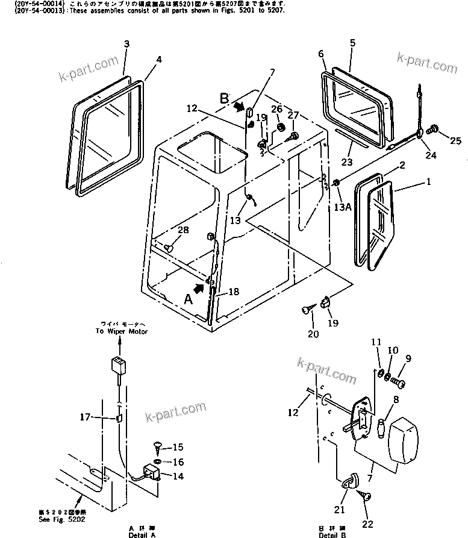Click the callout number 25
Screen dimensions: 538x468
click(455, 141)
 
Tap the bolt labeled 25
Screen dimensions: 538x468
click(433, 129)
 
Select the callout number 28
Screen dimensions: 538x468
click(183, 230)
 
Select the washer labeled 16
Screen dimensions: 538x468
click(156, 461)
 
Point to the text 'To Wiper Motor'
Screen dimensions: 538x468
click(121, 331)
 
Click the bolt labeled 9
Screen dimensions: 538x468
click(398, 381)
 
